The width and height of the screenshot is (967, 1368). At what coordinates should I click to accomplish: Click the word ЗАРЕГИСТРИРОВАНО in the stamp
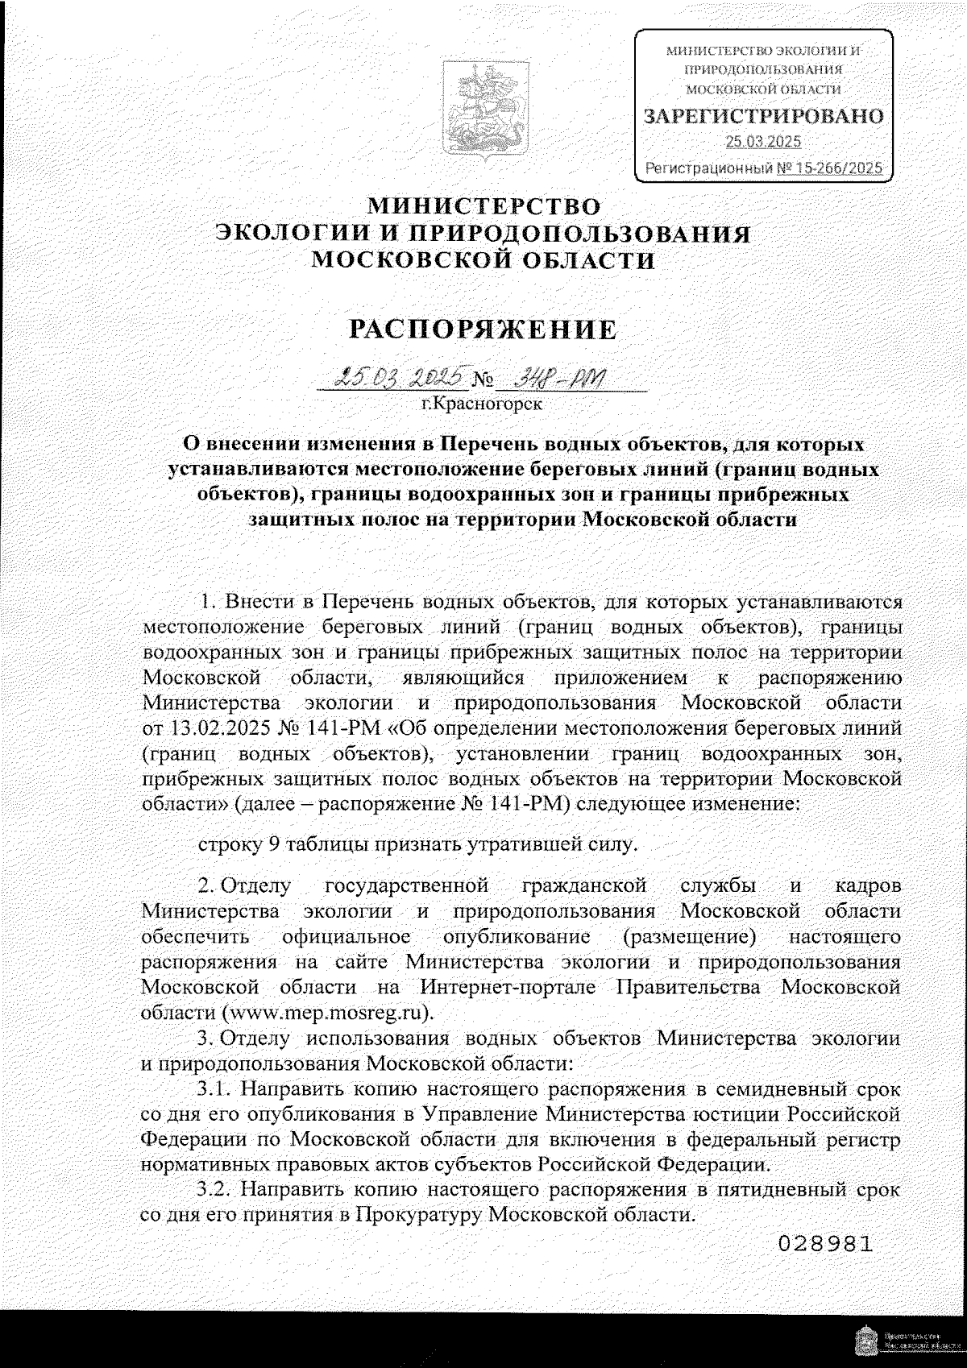tap(762, 116)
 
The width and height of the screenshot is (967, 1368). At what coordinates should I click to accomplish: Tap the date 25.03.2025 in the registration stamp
tap(762, 143)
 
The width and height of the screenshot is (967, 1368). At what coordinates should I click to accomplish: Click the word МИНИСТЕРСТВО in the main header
tap(483, 205)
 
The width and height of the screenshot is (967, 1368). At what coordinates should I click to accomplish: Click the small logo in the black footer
tap(862, 1341)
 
